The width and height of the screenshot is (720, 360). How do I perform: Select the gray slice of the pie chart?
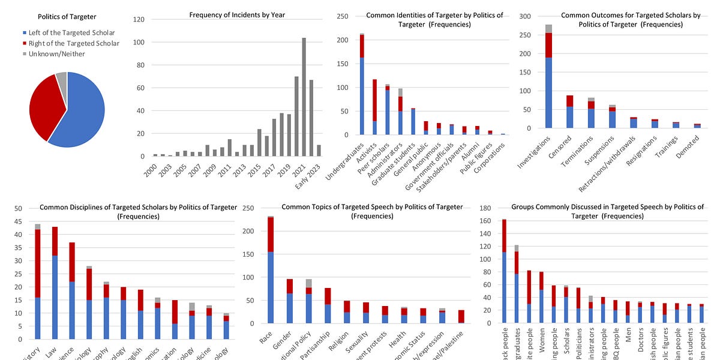click(x=62, y=77)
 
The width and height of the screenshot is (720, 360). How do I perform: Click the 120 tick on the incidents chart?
click(x=139, y=19)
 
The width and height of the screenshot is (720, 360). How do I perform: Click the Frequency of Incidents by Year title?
click(x=237, y=14)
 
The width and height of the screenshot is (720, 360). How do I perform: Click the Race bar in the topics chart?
click(x=271, y=270)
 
